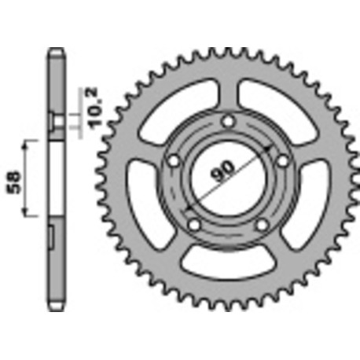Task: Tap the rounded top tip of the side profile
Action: (x=56, y=53)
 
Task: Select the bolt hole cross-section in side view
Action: (x=56, y=122)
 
